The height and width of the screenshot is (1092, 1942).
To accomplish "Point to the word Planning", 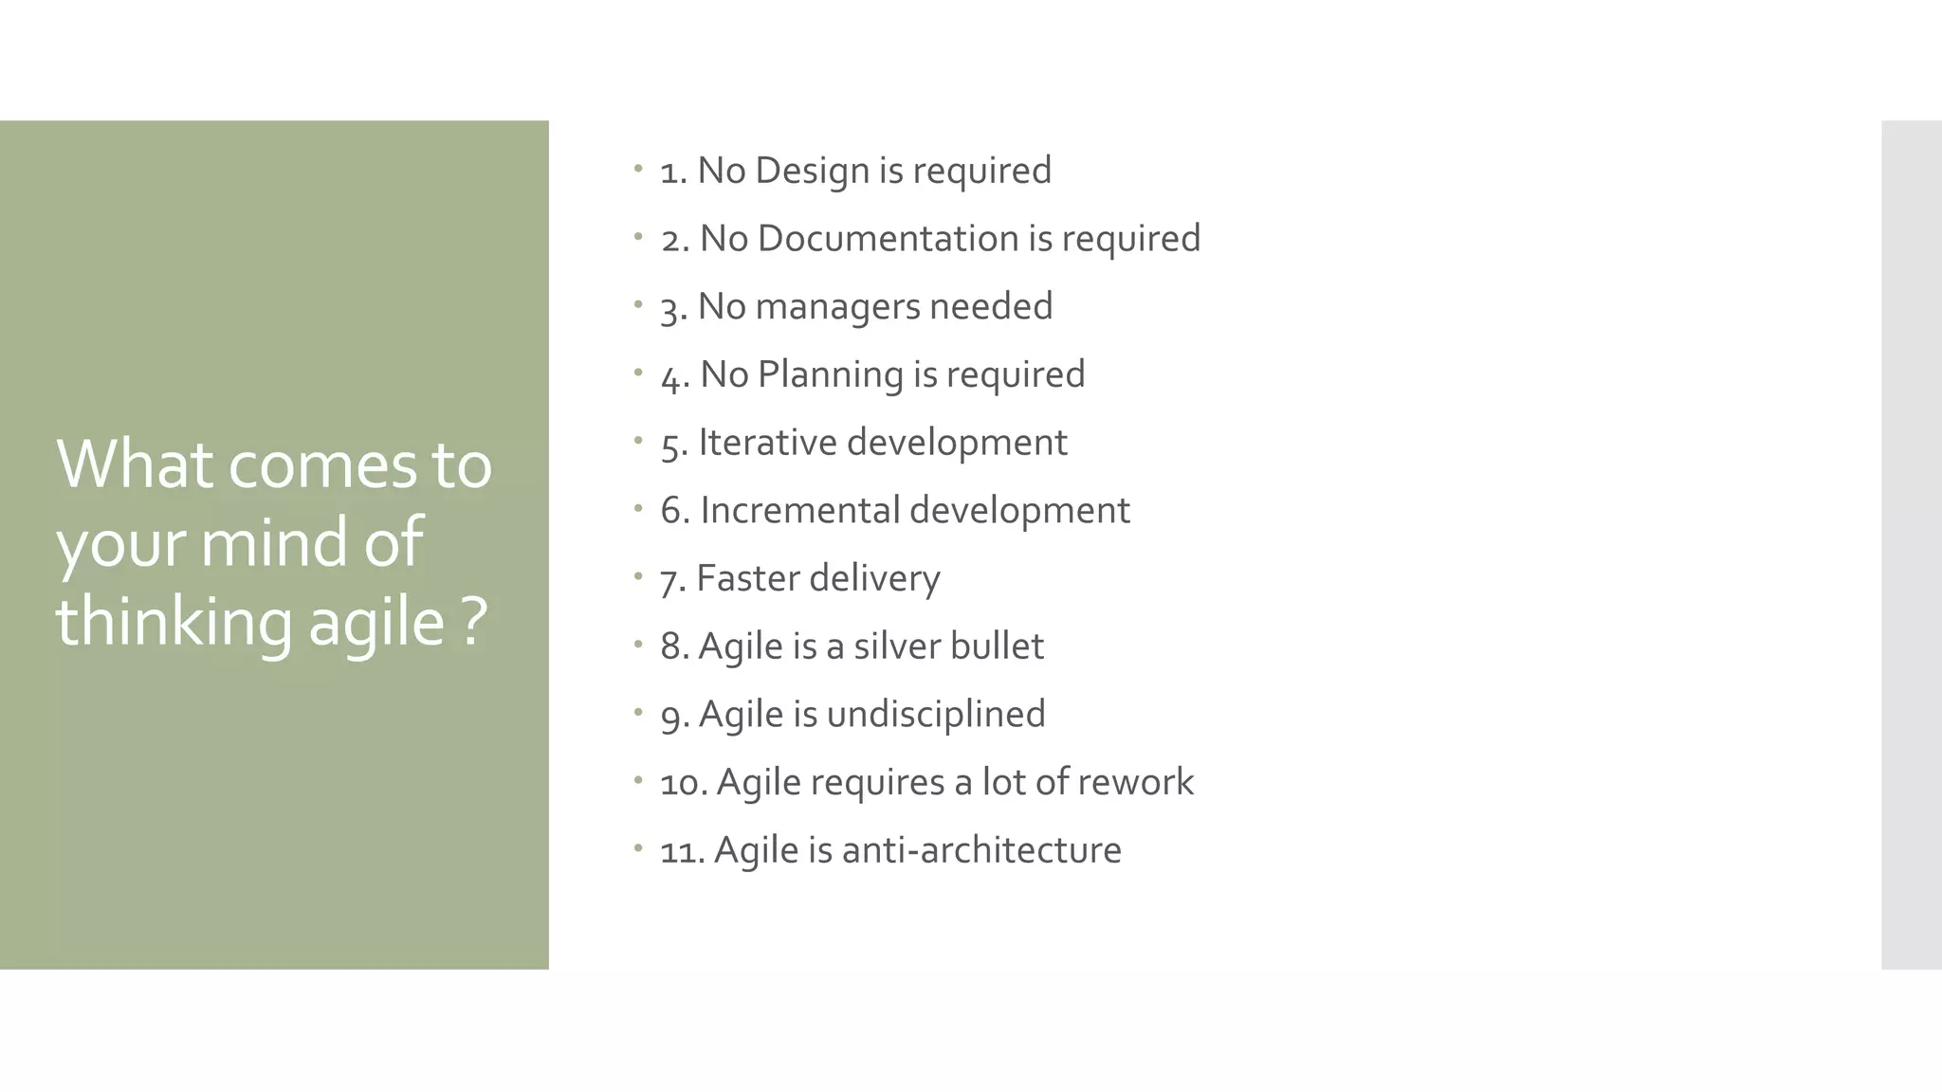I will pyautogui.click(x=830, y=375).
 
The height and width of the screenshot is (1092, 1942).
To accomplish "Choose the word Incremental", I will pyautogui.click(x=799, y=511).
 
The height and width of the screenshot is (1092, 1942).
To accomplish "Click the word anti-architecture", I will pyautogui.click(x=981, y=850).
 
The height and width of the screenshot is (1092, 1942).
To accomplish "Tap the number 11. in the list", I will pyautogui.click(x=682, y=851).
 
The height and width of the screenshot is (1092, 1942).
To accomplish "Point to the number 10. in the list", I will pyautogui.click(x=684, y=783).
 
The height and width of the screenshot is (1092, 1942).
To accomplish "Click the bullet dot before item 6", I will pyautogui.click(x=639, y=509).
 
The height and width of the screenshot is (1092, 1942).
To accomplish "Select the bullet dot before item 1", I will pyautogui.click(x=639, y=170).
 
